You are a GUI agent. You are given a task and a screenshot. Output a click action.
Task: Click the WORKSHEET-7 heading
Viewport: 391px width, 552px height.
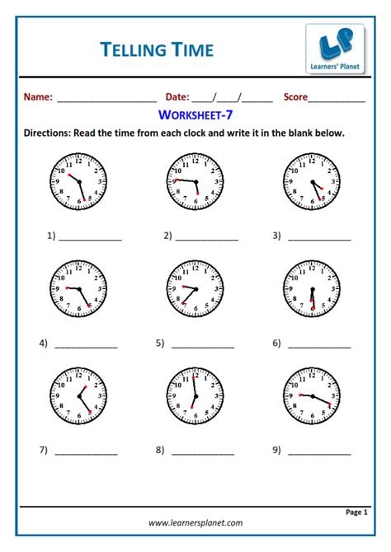point(195,115)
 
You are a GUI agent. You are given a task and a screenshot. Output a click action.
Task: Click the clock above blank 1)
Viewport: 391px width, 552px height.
point(78,180)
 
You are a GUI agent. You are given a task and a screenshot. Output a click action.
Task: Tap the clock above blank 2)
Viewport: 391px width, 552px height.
point(195,180)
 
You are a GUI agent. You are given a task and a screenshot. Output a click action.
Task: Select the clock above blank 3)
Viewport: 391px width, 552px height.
point(312,180)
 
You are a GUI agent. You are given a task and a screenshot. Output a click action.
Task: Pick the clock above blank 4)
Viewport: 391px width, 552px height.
point(78,288)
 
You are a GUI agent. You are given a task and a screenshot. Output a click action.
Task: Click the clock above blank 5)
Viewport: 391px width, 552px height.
point(195,288)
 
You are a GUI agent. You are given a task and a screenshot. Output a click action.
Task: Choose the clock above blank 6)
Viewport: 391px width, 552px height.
point(312,288)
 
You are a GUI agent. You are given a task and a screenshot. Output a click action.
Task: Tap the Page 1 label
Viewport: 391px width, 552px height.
point(356,512)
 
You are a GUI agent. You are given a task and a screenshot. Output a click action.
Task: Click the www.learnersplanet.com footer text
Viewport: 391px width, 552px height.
point(195,522)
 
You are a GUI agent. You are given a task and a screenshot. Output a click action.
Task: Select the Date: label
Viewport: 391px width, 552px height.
point(177,97)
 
